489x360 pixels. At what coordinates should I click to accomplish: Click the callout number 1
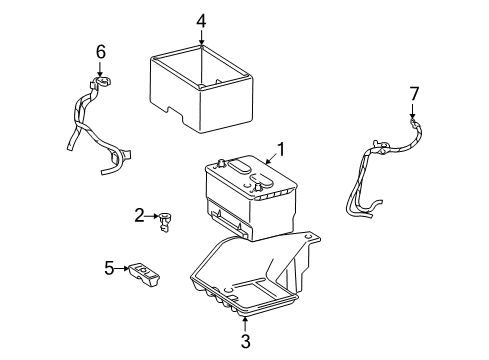click(282, 150)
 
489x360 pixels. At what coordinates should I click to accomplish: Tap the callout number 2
click(140, 215)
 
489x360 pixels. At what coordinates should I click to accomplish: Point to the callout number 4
click(201, 20)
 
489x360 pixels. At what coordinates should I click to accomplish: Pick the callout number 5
click(109, 267)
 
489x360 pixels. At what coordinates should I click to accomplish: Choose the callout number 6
click(99, 51)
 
